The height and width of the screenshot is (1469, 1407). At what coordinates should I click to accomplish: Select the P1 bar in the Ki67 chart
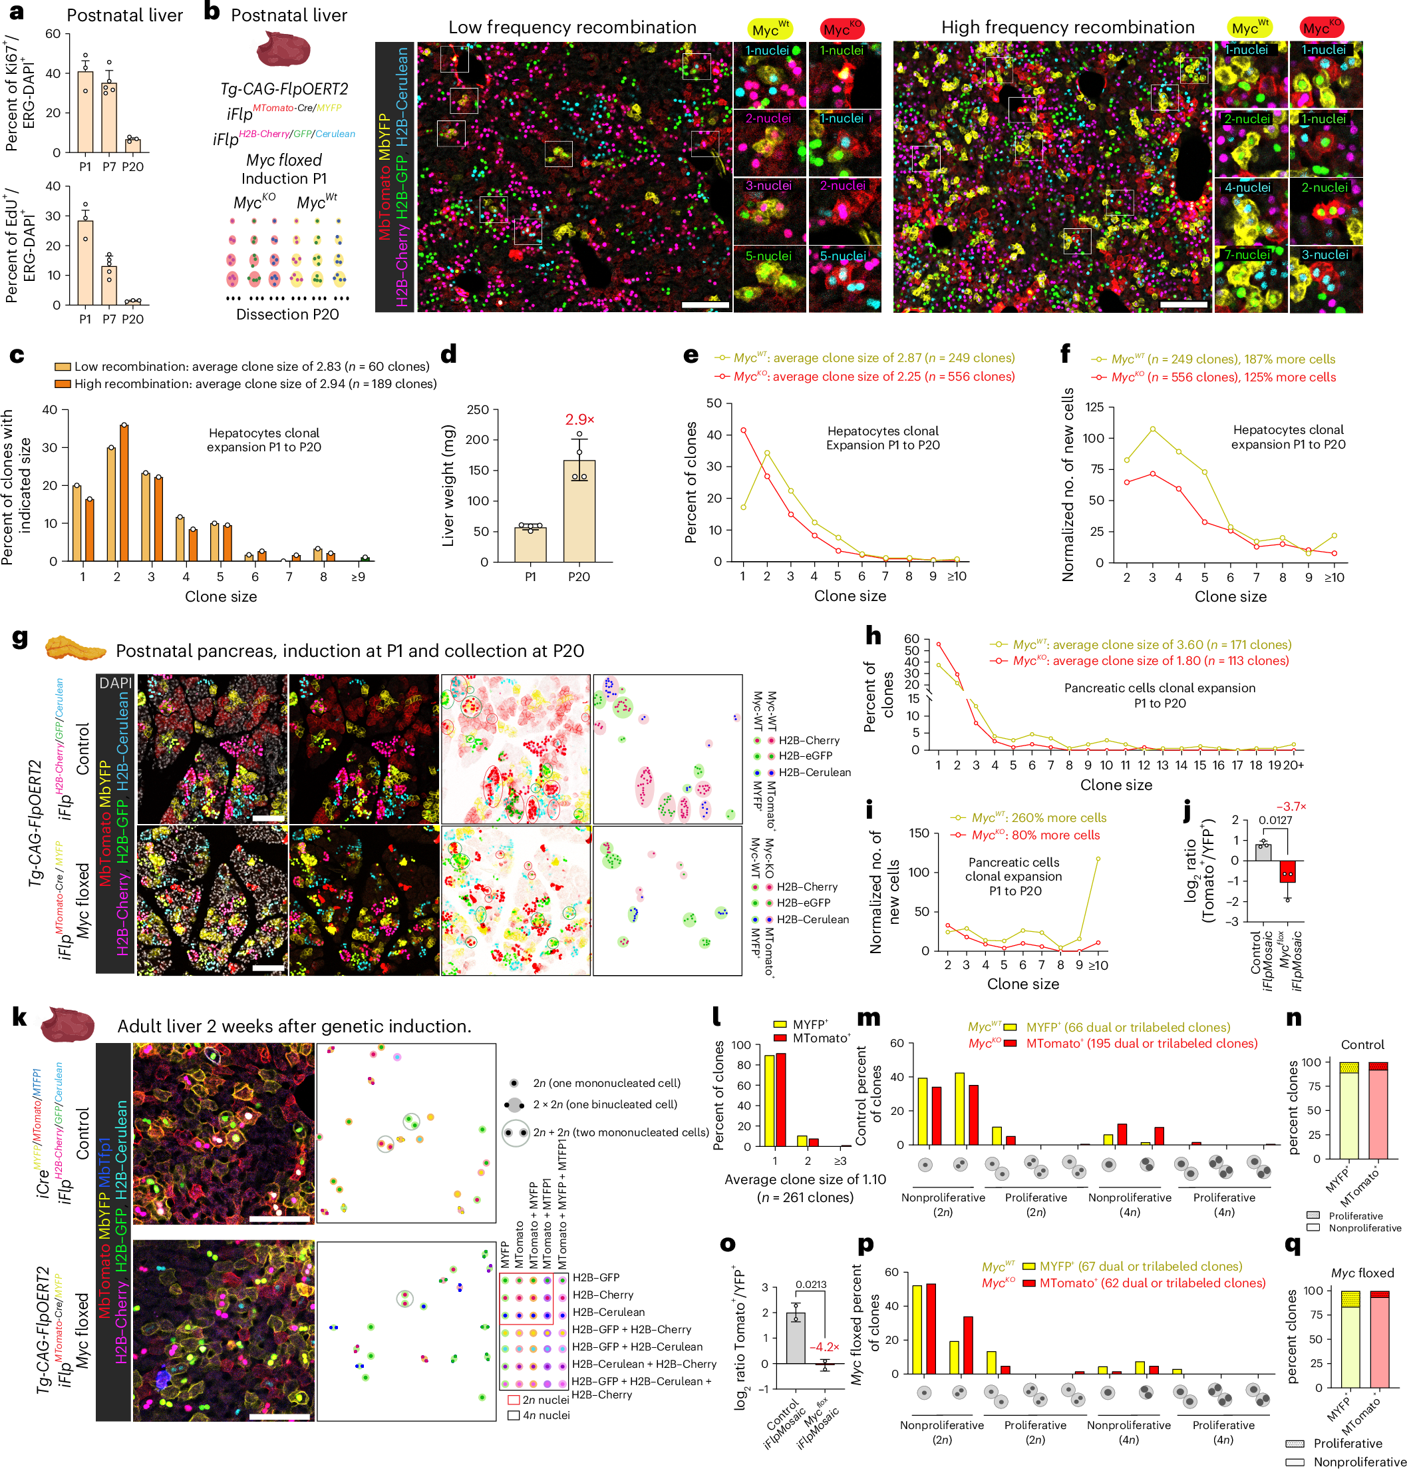point(84,112)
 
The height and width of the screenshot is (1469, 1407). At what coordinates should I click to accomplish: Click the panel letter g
point(20,638)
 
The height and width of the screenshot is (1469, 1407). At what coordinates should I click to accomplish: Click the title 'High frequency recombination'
point(1067,28)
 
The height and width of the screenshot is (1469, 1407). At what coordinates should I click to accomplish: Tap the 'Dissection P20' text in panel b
point(287,315)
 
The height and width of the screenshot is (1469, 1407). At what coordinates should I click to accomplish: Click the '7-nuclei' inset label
point(1247,255)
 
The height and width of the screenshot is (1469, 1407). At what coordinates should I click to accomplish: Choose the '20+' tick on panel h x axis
point(1293,765)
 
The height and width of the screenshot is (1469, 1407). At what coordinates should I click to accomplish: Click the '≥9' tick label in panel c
point(358,577)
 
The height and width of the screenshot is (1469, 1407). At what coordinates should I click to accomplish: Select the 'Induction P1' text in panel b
point(284,179)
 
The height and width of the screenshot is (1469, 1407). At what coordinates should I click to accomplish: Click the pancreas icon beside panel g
point(75,647)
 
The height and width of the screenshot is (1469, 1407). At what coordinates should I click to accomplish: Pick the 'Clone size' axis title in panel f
point(1230,596)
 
